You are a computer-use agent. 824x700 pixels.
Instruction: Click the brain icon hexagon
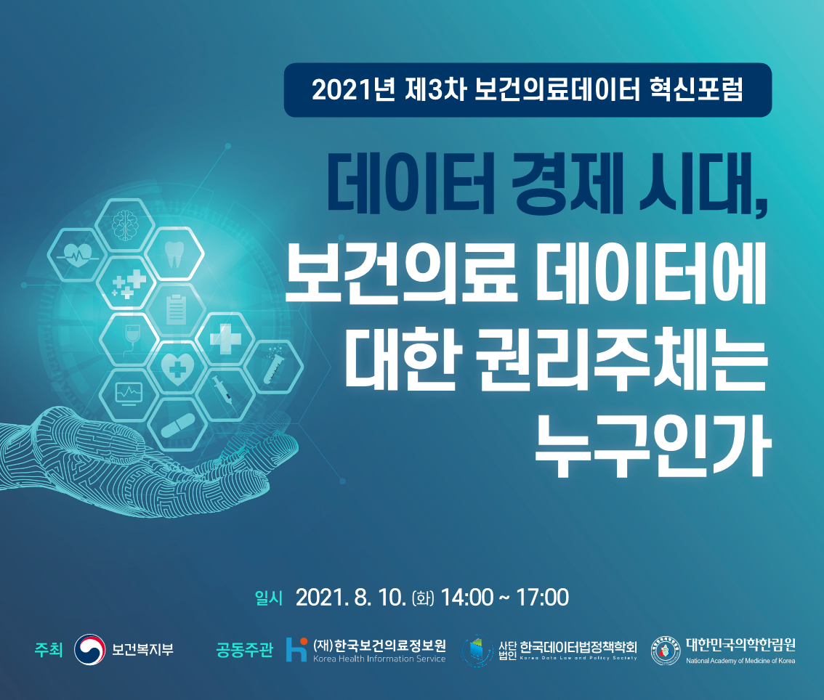click(124, 225)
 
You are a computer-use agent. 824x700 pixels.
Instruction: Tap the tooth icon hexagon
click(174, 254)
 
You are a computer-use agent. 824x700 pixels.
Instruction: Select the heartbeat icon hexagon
click(76, 254)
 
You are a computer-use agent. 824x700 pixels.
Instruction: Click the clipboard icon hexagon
click(176, 310)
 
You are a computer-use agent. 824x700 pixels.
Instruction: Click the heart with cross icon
click(176, 367)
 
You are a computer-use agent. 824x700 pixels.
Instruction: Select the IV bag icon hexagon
click(129, 338)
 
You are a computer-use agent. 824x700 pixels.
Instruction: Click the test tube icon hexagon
click(274, 366)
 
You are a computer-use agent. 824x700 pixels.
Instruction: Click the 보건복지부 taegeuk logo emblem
click(90, 649)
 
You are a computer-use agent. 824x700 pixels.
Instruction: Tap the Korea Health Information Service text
click(379, 659)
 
